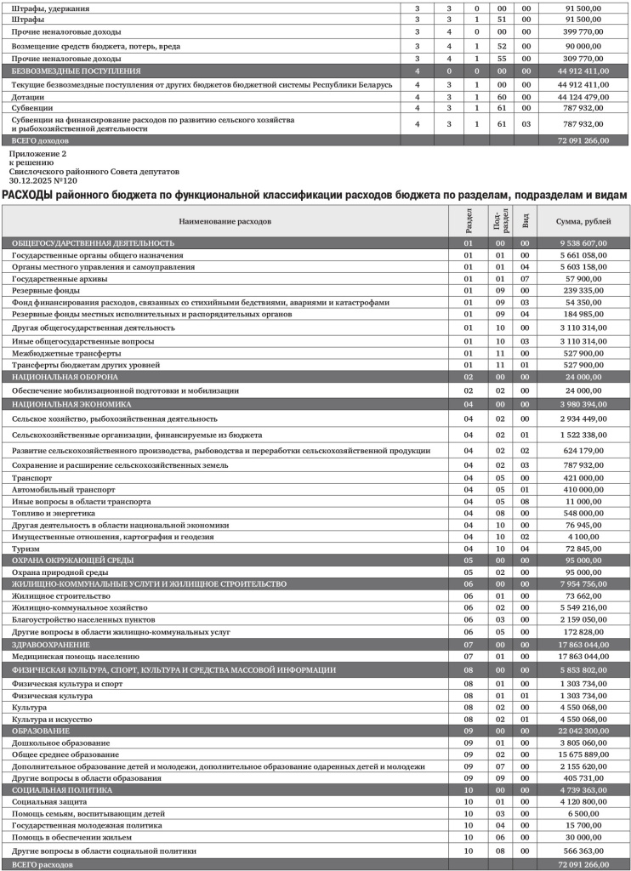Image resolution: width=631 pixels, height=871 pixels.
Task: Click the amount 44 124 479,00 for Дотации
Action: (x=583, y=97)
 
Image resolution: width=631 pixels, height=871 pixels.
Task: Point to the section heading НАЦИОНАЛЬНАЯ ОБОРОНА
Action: (x=65, y=376)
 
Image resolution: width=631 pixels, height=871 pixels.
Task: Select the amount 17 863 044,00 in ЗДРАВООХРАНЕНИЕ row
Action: (x=583, y=645)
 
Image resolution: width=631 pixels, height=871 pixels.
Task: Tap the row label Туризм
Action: (x=26, y=549)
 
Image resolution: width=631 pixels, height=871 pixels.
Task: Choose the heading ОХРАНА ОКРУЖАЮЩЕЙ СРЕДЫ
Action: (x=73, y=561)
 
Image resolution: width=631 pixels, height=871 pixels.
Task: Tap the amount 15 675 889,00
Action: (x=583, y=754)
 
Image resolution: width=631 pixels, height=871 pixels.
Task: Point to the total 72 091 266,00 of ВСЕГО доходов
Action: (x=583, y=140)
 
